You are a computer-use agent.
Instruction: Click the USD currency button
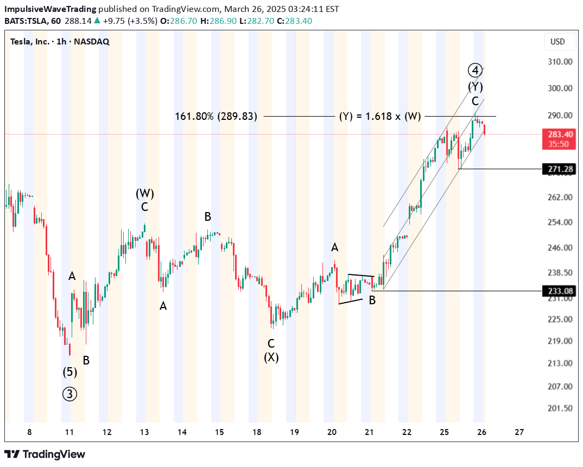pos(557,42)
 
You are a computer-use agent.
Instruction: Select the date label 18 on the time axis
pos(257,432)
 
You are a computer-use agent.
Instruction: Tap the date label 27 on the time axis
pos(519,432)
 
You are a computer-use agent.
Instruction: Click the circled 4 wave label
pos(475,70)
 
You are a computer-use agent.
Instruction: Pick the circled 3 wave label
pos(69,394)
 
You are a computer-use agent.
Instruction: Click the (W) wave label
pos(145,193)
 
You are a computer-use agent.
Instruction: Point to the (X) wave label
pos(271,357)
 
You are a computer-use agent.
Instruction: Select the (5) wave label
pos(69,372)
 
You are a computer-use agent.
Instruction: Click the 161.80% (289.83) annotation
pos(216,116)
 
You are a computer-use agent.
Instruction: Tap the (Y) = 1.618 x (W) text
pos(380,116)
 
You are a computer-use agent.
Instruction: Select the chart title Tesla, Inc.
pos(33,42)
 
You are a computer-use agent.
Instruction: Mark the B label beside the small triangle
pos(372,299)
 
